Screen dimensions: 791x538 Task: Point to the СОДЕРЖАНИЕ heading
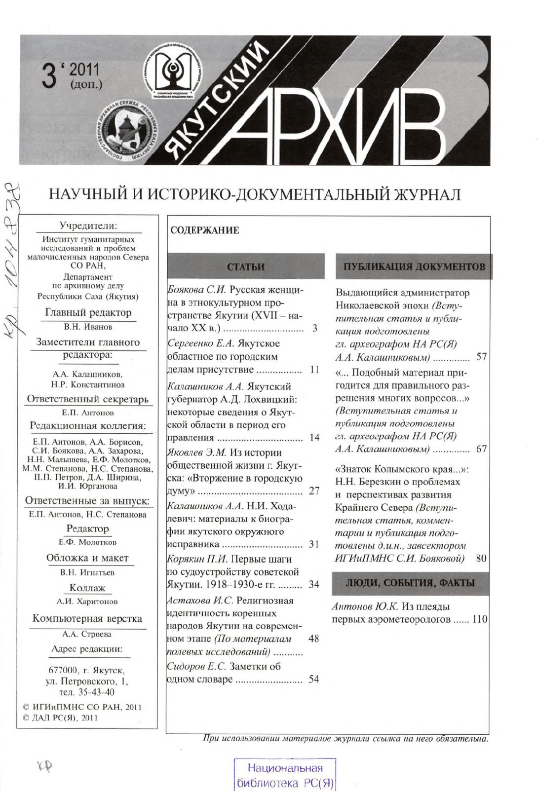204,230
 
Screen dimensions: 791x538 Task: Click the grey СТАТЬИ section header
246,267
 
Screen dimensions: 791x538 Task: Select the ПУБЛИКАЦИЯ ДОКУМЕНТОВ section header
414,267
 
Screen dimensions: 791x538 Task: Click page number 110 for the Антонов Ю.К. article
480,619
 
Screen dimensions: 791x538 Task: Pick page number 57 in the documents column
481,357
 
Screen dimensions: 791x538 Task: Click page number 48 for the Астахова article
313,639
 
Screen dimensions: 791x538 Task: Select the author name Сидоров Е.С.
197,666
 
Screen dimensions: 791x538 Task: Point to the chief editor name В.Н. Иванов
88,327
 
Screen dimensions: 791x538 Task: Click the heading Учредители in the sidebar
88,226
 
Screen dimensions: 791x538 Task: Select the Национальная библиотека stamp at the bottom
285,775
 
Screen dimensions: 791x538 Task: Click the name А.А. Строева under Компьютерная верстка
87,634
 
